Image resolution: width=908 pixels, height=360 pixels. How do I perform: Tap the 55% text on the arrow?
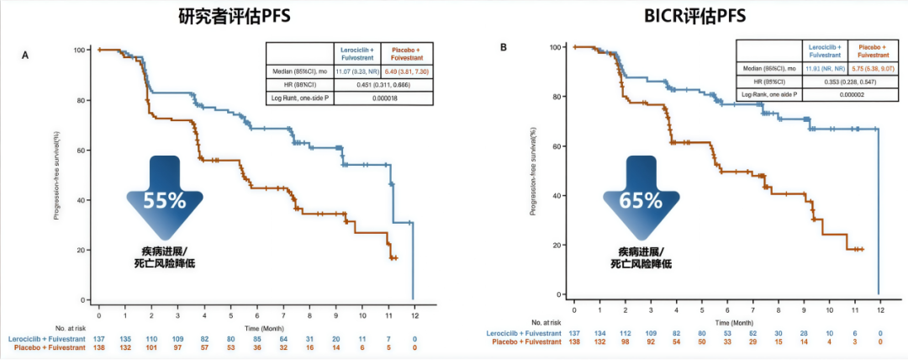pos(164,201)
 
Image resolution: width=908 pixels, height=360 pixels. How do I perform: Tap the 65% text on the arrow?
pos(638,201)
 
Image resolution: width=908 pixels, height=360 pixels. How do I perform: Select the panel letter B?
pos(503,48)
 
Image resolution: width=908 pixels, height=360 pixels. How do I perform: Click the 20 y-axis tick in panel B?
pos(558,245)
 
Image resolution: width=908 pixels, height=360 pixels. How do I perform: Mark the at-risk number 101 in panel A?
pos(151,347)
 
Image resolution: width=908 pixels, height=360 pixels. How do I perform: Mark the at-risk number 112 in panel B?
pos(625,333)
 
